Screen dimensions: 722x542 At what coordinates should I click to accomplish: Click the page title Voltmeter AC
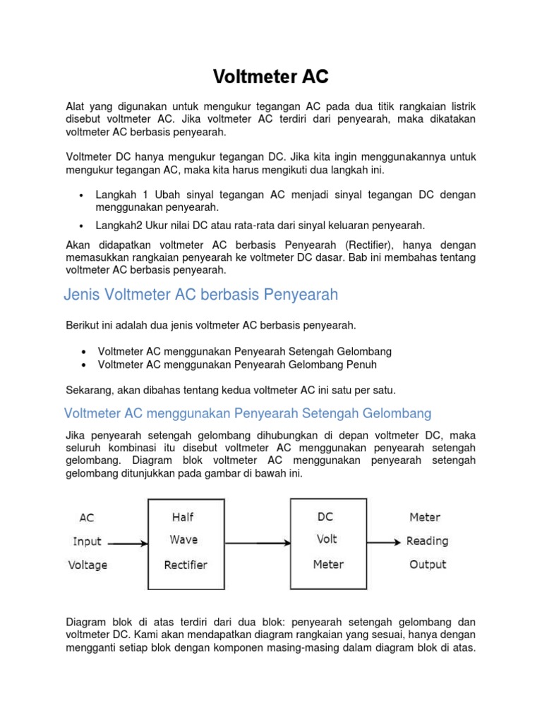(272, 75)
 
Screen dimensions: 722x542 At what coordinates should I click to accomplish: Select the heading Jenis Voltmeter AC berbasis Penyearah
(201, 295)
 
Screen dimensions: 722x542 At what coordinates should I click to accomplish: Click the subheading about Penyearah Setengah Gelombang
(247, 412)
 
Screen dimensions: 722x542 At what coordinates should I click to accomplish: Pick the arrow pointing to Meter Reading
(385, 542)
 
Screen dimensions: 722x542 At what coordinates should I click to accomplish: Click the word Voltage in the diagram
(88, 565)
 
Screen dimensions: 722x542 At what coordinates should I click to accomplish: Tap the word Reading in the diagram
(427, 541)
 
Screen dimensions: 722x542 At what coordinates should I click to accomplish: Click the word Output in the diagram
(428, 564)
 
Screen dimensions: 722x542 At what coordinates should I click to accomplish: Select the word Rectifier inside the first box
(186, 565)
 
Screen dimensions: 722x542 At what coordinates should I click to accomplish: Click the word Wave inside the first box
(183, 540)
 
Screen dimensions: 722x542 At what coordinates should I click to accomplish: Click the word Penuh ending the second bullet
(361, 365)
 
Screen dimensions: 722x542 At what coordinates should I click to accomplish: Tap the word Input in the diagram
(88, 541)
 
